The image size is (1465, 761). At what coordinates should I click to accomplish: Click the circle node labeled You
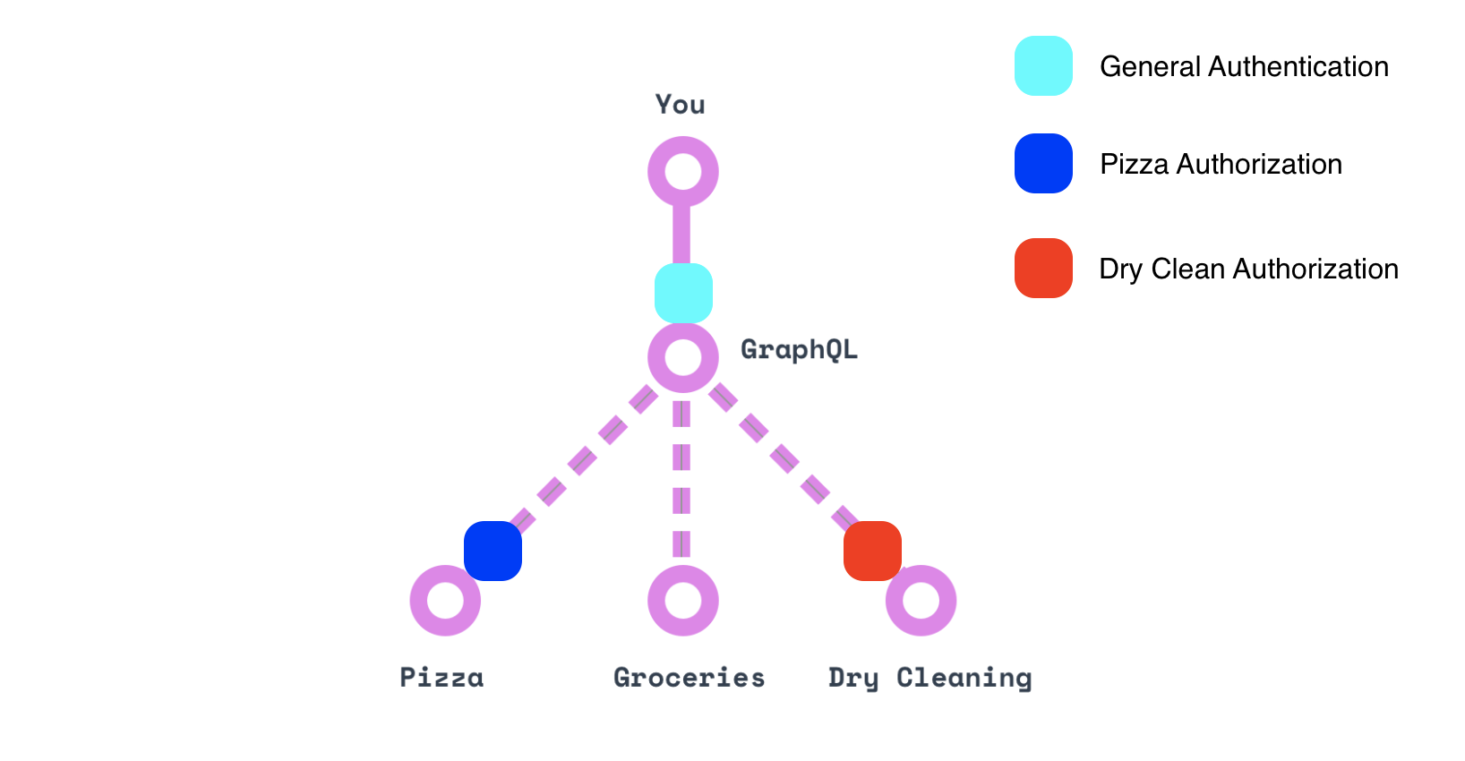[683, 171]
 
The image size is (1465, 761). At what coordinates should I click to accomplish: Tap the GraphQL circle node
[683, 357]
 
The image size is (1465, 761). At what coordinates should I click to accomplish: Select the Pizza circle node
[445, 601]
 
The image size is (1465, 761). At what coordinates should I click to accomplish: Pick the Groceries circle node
[683, 601]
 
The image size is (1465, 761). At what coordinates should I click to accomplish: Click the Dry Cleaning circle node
[921, 601]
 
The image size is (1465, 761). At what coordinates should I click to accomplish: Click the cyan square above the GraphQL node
[683, 293]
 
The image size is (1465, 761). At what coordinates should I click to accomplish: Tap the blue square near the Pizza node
[493, 551]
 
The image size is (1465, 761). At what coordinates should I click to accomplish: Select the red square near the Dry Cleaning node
[872, 551]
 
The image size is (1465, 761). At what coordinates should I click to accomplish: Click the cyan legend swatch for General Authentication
[1043, 65]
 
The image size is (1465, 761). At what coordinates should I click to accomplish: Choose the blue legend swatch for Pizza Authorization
[1043, 163]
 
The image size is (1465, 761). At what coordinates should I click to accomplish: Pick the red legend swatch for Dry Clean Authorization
[1043, 268]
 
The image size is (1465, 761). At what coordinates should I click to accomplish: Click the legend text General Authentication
[1244, 66]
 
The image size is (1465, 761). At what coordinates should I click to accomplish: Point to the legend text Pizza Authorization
[1221, 164]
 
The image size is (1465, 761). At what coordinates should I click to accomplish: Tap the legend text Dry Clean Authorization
[1248, 269]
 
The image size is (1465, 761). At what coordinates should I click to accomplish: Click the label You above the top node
[681, 105]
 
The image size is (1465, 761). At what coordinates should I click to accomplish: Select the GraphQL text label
[799, 349]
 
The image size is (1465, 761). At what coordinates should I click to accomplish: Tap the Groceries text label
[690, 678]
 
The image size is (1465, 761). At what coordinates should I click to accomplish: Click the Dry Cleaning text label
[930, 678]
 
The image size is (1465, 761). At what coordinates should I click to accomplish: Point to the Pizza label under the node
[441, 678]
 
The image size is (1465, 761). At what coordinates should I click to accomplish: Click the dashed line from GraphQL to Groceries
[682, 479]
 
